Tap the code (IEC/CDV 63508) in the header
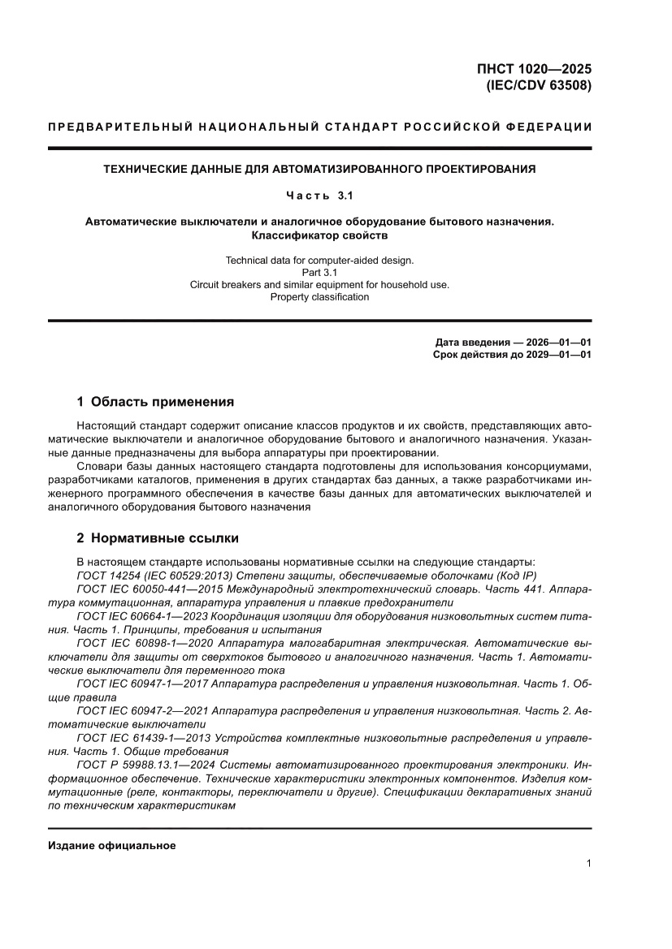point(538,84)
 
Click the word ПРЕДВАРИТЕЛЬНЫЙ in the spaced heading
point(120,127)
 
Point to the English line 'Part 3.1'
point(319,272)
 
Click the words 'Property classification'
point(319,296)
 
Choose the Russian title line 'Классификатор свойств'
point(319,235)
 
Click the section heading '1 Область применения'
point(155,401)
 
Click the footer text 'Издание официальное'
point(111,845)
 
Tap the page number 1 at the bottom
point(587,864)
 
